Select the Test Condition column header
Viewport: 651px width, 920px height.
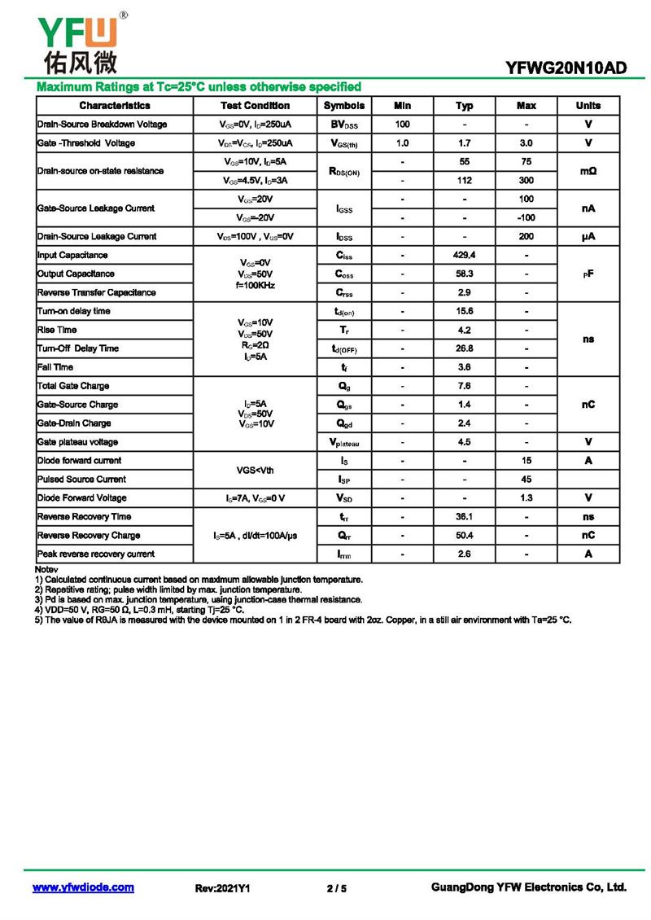(x=255, y=106)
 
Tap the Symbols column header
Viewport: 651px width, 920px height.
(x=343, y=106)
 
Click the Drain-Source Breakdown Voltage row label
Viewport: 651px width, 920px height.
(x=103, y=125)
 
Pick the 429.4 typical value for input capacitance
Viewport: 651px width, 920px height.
(x=464, y=256)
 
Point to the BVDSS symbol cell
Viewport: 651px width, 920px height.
(x=343, y=125)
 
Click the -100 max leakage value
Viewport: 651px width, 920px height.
(x=526, y=218)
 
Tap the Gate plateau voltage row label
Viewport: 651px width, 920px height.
(x=77, y=442)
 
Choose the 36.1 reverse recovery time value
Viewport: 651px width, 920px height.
(x=464, y=517)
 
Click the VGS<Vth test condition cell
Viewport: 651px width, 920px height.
(x=255, y=470)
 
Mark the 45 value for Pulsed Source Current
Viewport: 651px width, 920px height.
(x=526, y=480)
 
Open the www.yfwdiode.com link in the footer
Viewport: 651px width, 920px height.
(x=83, y=887)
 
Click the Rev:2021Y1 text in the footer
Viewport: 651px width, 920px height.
(x=222, y=888)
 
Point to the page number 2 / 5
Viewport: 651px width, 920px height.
(x=336, y=888)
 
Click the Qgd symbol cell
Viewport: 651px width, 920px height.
(x=343, y=423)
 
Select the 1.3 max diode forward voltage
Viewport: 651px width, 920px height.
(x=526, y=498)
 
